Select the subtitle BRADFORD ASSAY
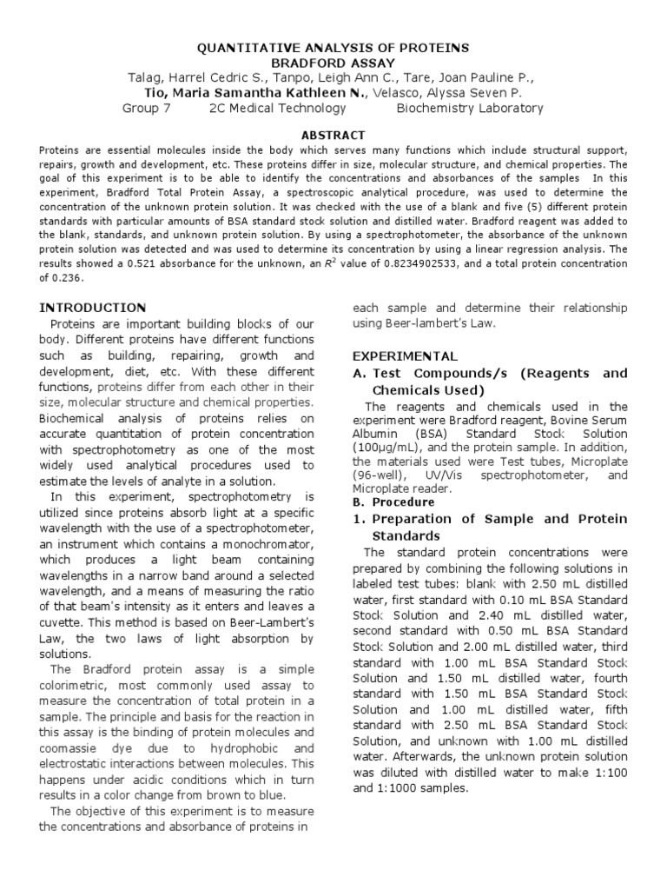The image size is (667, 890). [333, 63]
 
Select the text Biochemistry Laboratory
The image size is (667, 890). [470, 109]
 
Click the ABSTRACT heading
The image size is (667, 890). [333, 135]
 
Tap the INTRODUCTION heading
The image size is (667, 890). [94, 308]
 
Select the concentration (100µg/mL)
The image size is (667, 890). [390, 447]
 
